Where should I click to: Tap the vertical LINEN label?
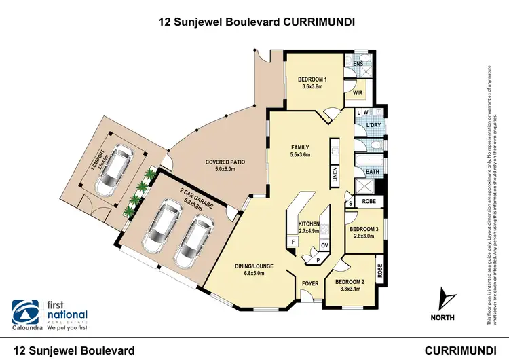point(335,176)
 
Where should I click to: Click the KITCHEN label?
point(309,223)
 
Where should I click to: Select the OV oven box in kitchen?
point(324,245)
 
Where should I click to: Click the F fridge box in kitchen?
point(293,241)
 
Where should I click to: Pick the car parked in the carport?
point(114,170)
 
